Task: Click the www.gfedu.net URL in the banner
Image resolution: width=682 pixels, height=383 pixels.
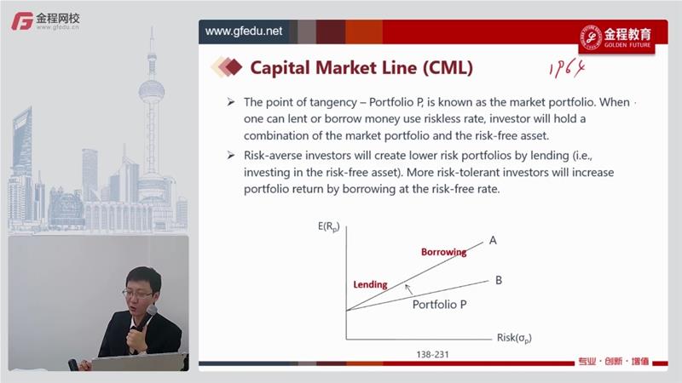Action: [x=244, y=31]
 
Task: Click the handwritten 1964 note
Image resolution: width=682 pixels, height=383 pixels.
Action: [x=567, y=69]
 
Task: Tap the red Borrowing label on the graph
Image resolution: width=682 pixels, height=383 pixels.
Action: [x=443, y=252]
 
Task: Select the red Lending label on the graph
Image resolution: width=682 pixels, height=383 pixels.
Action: [x=370, y=284]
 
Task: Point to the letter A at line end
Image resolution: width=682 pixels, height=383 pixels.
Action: [x=493, y=240]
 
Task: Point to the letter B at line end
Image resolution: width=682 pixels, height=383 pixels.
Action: [x=499, y=280]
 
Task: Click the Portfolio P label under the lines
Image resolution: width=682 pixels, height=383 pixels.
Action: [x=439, y=305]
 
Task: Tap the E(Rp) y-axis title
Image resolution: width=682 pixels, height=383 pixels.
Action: [x=328, y=226]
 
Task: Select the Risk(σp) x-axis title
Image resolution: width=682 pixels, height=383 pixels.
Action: [x=514, y=338]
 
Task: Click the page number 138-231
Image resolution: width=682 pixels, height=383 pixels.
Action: [x=432, y=354]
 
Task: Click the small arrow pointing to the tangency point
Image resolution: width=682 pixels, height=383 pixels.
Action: [x=408, y=289]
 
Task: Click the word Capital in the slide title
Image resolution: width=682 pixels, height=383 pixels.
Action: [x=280, y=68]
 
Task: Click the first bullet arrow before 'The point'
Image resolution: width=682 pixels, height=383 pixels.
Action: [x=230, y=102]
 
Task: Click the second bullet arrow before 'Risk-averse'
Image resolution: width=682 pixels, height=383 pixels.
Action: [x=230, y=155]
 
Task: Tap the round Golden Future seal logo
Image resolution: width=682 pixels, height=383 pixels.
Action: [x=592, y=37]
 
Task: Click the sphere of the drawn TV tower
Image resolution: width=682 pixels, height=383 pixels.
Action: [x=152, y=91]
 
